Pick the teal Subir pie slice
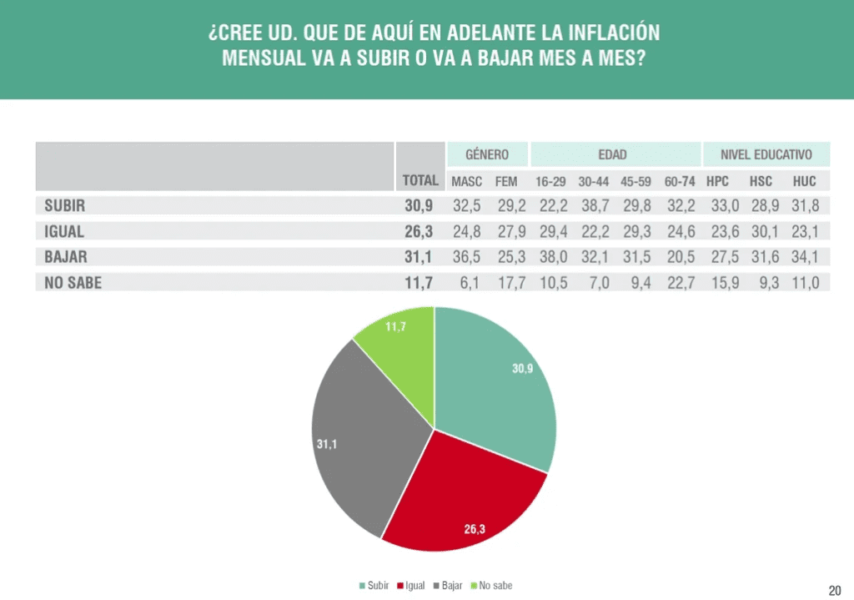[490, 381]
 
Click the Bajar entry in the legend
[448, 586]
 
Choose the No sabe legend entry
[491, 586]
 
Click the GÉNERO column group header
[487, 154]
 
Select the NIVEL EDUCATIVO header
[766, 154]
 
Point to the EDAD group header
[613, 154]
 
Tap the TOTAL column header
[420, 180]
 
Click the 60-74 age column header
[679, 181]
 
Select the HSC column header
[761, 181]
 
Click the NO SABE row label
[73, 283]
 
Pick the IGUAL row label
[63, 232]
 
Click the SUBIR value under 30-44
[595, 205]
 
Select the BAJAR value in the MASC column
[467, 257]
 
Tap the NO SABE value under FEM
[511, 283]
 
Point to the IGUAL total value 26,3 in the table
[419, 232]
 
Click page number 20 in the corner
[834, 591]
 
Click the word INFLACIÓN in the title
[614, 33]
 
